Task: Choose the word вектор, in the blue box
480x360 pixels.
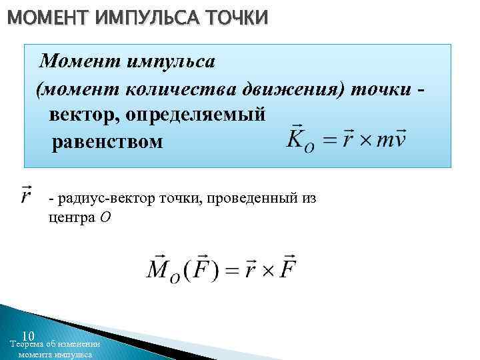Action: coord(84,114)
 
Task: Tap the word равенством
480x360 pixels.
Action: coord(107,141)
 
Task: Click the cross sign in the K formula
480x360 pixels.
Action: coord(361,140)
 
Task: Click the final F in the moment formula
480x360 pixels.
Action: coord(289,268)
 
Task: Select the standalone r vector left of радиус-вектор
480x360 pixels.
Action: coord(27,195)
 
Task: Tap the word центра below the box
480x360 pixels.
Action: coord(70,218)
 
